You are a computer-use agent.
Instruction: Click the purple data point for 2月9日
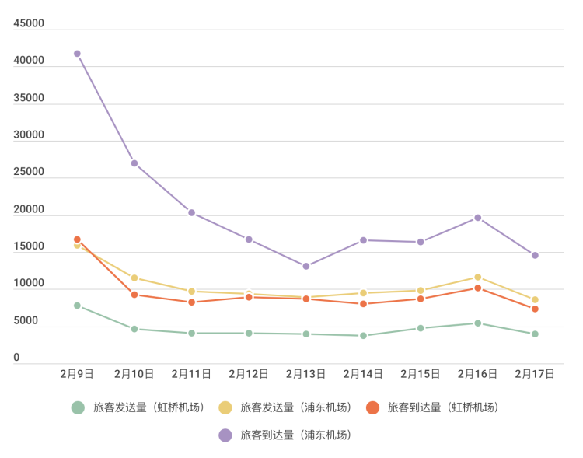point(77,54)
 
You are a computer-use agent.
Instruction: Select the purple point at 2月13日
point(306,266)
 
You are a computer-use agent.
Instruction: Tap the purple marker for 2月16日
point(478,218)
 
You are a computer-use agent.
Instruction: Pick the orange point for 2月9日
point(77,239)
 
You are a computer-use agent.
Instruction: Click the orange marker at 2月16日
point(478,288)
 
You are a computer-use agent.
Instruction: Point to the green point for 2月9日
point(77,306)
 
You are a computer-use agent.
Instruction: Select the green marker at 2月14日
point(363,336)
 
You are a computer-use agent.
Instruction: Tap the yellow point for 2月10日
point(134,278)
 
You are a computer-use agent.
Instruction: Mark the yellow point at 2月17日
point(535,299)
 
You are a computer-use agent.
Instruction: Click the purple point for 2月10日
point(134,163)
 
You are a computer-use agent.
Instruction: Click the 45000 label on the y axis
point(29,23)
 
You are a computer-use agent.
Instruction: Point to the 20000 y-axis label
point(29,209)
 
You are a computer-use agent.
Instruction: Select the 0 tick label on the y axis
point(16,357)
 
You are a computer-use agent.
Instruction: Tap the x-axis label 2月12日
point(249,374)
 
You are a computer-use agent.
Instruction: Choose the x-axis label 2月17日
point(535,374)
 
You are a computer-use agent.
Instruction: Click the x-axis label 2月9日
point(77,374)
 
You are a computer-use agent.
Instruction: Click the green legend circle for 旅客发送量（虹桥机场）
point(78,407)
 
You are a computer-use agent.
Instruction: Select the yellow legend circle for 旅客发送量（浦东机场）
point(225,407)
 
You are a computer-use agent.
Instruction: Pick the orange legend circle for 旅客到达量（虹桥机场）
point(372,407)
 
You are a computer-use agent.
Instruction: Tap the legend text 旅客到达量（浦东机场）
point(296,435)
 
